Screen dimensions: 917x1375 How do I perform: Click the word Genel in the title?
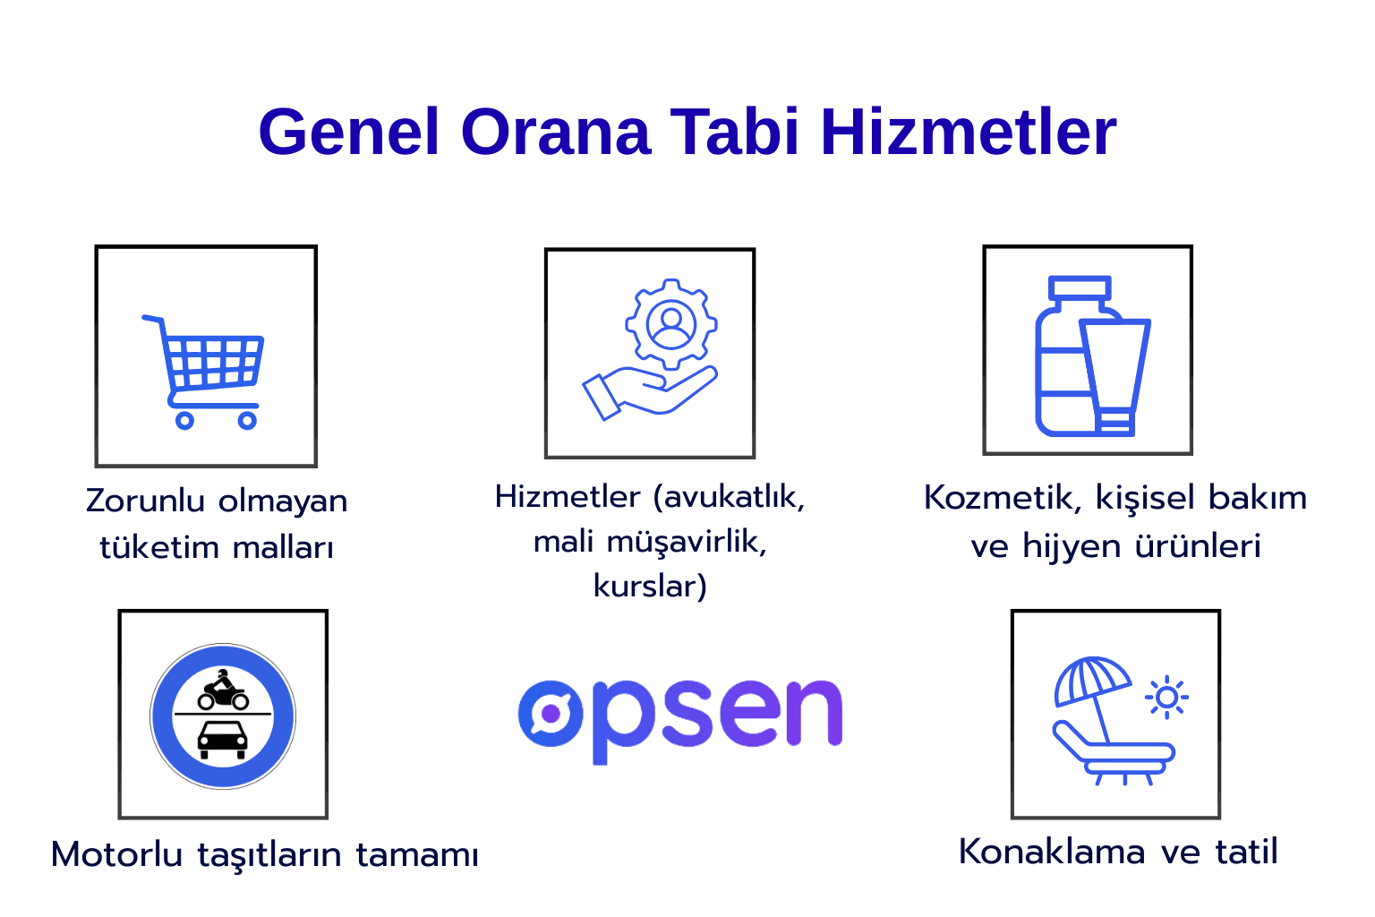(x=348, y=133)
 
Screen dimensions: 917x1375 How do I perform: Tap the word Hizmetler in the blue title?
(x=969, y=133)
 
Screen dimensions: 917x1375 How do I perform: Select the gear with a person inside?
(x=671, y=324)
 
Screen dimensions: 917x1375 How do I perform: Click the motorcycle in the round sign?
(x=223, y=690)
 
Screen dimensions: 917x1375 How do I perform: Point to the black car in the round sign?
(x=223, y=739)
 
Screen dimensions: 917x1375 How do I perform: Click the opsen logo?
(x=680, y=716)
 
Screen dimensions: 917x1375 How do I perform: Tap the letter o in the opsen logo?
(x=550, y=713)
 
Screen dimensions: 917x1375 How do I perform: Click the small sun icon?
(x=1166, y=697)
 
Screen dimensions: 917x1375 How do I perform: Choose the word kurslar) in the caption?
(x=650, y=587)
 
